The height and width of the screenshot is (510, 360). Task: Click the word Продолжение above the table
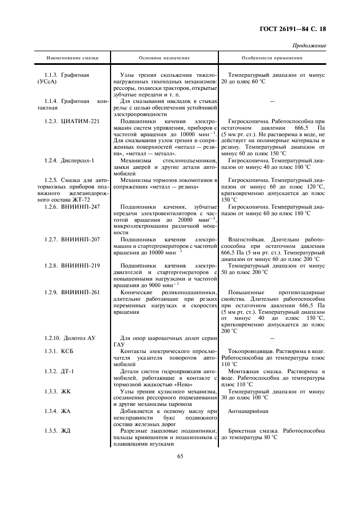(310, 46)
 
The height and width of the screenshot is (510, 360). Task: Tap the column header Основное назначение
(164, 57)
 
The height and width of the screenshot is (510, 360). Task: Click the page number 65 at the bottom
(180, 458)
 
